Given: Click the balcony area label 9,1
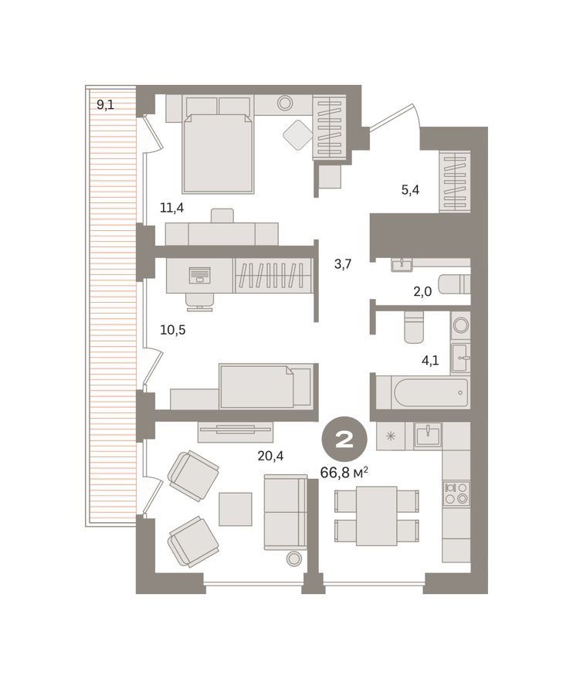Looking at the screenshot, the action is [x=105, y=104].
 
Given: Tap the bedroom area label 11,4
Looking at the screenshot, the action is [x=171, y=208].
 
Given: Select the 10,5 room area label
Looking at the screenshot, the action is [x=173, y=330].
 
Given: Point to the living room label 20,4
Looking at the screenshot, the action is [x=270, y=456].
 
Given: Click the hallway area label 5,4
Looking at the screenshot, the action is [x=410, y=190].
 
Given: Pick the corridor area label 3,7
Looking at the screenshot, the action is [x=343, y=263].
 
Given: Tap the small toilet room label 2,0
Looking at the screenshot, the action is [x=422, y=292].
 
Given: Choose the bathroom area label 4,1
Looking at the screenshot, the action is [x=430, y=360].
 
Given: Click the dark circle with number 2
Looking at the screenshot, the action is [x=344, y=440].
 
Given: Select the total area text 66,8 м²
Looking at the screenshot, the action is [x=344, y=472].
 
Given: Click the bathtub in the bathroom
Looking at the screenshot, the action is [x=430, y=392].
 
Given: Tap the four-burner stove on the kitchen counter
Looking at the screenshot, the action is [x=456, y=494].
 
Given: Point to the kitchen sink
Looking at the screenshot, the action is [x=428, y=435].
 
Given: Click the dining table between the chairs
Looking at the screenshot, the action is [x=377, y=516].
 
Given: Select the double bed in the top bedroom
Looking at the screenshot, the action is [x=218, y=153].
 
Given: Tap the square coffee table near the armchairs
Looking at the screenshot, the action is [x=235, y=509].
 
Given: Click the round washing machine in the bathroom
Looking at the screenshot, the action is [x=460, y=324].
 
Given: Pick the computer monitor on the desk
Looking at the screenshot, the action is [x=199, y=275].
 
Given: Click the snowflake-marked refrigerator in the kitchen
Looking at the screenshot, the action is [x=391, y=436].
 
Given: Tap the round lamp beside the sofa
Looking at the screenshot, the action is [x=294, y=558].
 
